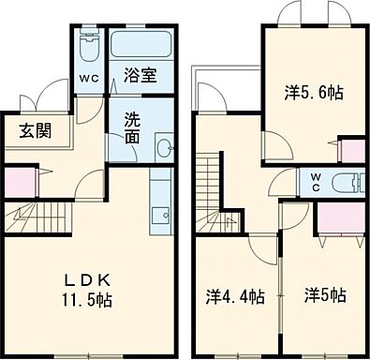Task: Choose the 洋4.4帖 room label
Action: pos(235,296)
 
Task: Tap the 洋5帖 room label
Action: pos(325,296)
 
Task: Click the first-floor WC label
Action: pos(91,79)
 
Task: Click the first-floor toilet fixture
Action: pos(91,47)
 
